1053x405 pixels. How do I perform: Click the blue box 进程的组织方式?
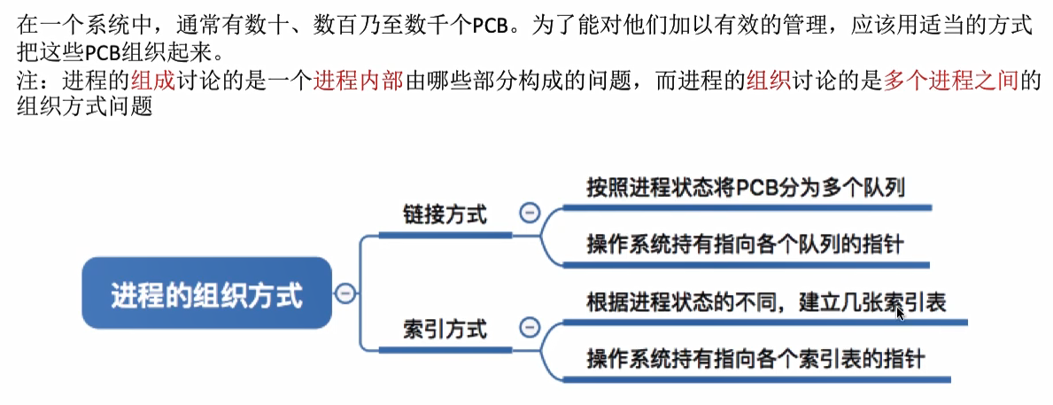206,294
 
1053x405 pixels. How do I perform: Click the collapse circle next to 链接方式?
530,214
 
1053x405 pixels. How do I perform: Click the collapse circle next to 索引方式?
530,328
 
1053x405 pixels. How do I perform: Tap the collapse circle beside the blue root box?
345,293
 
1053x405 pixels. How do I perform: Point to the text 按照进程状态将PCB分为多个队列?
745,189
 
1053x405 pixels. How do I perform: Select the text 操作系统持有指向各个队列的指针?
744,245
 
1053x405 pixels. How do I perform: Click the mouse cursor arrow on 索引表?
901,313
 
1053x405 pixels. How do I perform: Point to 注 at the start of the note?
27,81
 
